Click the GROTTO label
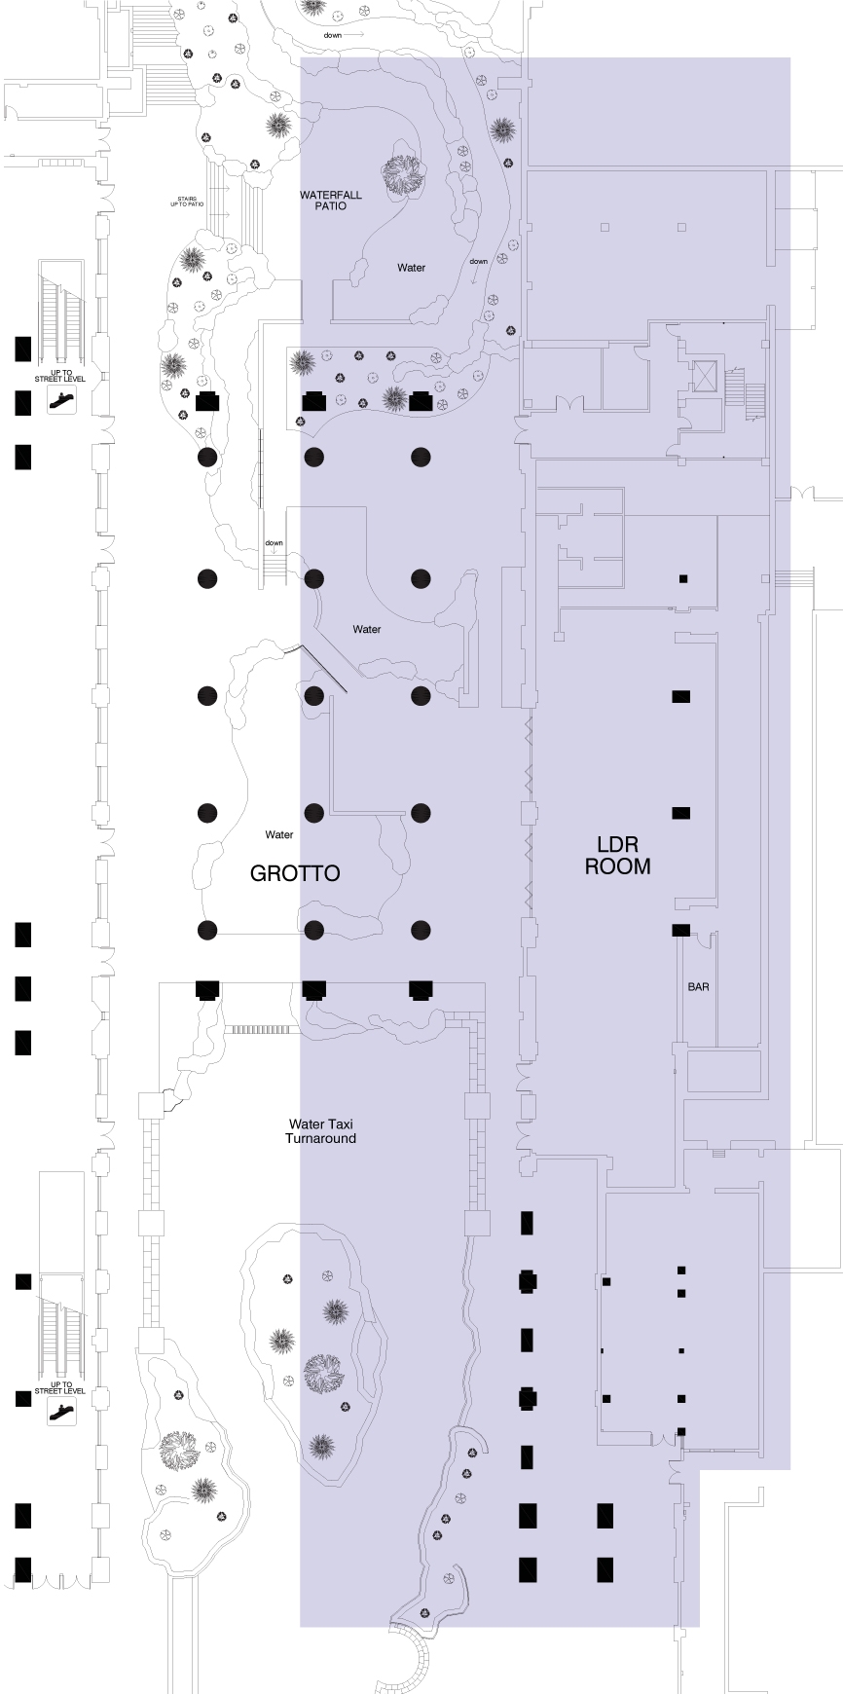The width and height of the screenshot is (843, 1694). coord(295,872)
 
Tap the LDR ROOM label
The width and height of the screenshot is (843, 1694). coord(617,855)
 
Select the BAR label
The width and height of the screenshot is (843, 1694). coord(698,986)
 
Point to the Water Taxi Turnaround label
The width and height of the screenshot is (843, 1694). coord(320,1131)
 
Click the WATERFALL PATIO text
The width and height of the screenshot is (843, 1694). coord(330,200)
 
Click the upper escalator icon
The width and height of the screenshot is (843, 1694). coord(61,399)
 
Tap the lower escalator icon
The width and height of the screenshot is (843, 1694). coord(61,1412)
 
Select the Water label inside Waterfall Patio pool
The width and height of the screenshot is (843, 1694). coord(411,268)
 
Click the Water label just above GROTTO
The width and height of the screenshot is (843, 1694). coord(279,834)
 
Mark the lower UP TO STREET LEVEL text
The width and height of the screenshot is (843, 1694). coord(61,1387)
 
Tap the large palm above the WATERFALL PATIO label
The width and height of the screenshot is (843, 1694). coord(403,175)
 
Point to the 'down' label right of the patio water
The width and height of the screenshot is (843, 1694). coord(478,261)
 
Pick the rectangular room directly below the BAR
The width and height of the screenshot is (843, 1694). coord(723,1070)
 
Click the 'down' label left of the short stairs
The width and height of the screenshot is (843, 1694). coord(274,543)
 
